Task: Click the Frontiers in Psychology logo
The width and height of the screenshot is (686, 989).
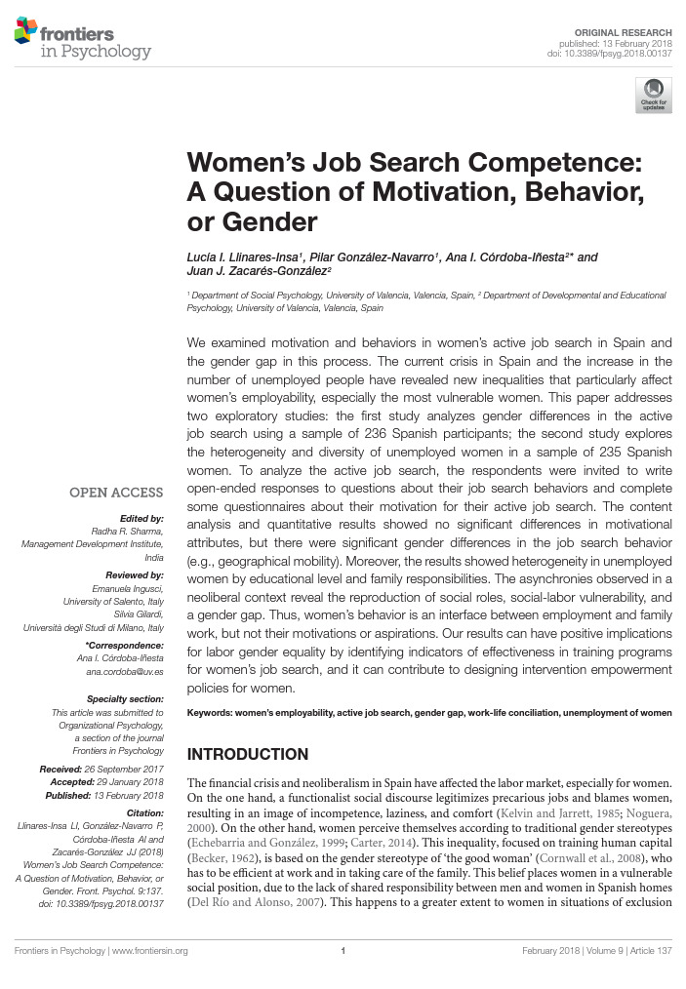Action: (83, 39)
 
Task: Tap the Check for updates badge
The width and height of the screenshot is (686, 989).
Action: (653, 96)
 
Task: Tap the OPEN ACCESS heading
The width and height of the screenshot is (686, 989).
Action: (115, 494)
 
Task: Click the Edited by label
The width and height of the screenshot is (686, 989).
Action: (144, 518)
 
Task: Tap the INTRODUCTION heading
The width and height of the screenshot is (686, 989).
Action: (247, 754)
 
